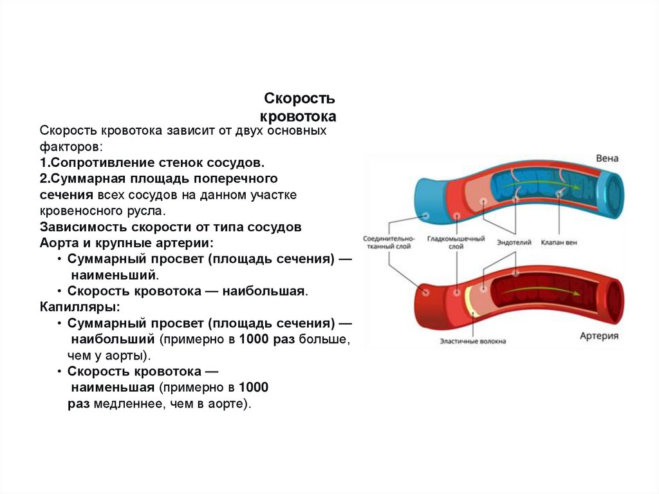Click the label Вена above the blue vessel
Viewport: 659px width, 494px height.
point(607,158)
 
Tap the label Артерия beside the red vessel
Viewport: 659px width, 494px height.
point(599,336)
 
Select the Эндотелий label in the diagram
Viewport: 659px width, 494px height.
point(514,243)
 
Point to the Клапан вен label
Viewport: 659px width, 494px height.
point(559,243)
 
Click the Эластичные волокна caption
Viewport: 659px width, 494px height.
point(473,341)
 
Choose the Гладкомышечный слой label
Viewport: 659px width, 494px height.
point(455,242)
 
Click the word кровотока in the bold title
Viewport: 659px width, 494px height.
point(298,117)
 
